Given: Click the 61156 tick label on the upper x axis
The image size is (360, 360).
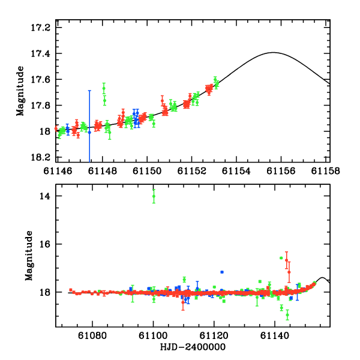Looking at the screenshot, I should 282,170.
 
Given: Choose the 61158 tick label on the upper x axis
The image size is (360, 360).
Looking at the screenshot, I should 327,170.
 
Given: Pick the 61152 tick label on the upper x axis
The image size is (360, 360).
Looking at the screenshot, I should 192,170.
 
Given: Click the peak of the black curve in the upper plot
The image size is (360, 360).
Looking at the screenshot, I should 274,52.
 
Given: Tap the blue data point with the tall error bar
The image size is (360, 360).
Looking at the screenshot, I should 89,131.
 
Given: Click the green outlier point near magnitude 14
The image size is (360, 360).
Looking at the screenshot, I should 154,196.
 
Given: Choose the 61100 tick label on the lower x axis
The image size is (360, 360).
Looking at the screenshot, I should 154,337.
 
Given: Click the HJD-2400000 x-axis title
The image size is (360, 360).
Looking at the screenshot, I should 193,347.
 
